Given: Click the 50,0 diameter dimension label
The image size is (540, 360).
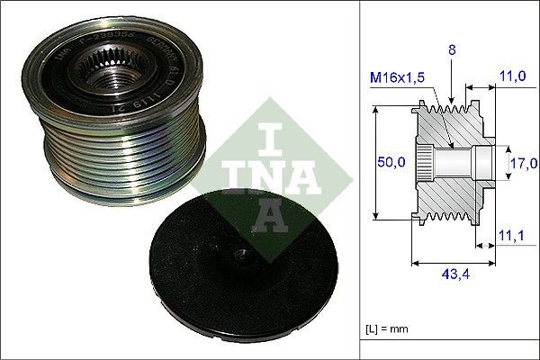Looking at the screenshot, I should (x=391, y=163).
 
